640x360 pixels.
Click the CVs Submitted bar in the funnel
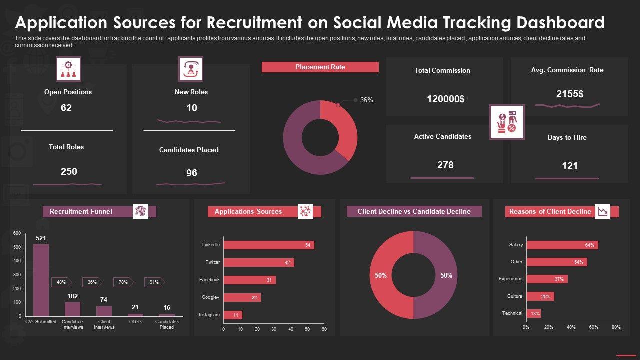pyautogui.click(x=41, y=280)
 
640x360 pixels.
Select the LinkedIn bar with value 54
pyautogui.click(x=268, y=245)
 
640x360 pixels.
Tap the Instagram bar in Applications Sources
pyautogui.click(x=233, y=315)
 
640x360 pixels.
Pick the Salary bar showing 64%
pyautogui.click(x=562, y=245)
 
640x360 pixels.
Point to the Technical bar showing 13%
pyautogui.click(x=533, y=313)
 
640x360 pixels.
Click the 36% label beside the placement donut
pyautogui.click(x=366, y=100)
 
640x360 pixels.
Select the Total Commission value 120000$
pyautogui.click(x=445, y=99)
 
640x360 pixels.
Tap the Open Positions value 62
pyautogui.click(x=66, y=108)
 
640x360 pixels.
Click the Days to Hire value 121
pyautogui.click(x=569, y=166)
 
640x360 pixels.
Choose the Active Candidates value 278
pyautogui.click(x=445, y=165)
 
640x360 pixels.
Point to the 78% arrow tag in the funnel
pyautogui.click(x=123, y=282)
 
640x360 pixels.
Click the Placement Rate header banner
pyautogui.click(x=320, y=67)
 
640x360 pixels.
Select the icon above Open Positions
pyautogui.click(x=68, y=69)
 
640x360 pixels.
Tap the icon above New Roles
pyautogui.click(x=191, y=69)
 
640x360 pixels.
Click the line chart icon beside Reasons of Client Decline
pyautogui.click(x=603, y=211)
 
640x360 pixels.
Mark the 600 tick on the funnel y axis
pyautogui.click(x=17, y=233)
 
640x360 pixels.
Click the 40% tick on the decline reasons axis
pyautogui.click(x=571, y=327)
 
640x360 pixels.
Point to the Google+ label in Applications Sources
pyautogui.click(x=210, y=297)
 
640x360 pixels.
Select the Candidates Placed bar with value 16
pyautogui.click(x=167, y=315)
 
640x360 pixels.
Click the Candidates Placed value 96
pyautogui.click(x=191, y=173)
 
